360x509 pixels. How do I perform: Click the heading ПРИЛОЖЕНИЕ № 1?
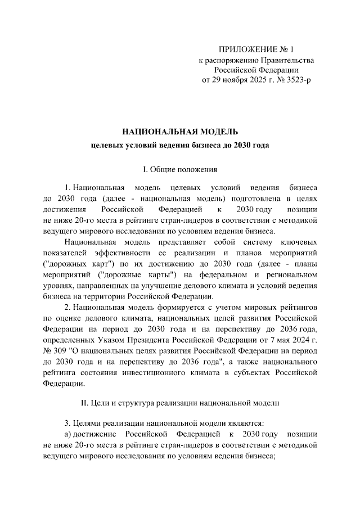(x=255, y=49)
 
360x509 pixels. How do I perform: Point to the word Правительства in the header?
(x=285, y=60)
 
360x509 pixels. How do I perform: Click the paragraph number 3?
(x=67, y=422)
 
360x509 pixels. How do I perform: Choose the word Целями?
(x=89, y=422)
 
